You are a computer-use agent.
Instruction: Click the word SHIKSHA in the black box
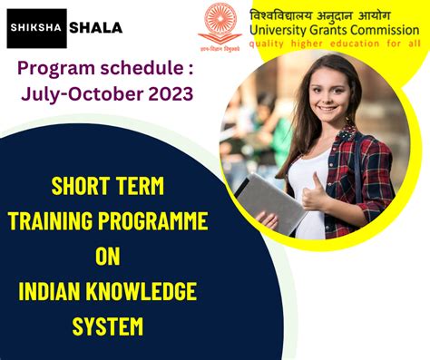36,28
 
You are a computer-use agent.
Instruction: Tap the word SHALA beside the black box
96,28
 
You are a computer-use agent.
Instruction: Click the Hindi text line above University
320,15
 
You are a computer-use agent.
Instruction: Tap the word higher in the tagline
307,44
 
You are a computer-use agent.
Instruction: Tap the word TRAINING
50,220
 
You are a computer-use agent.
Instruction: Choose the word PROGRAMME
152,220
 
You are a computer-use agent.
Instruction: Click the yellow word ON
108,256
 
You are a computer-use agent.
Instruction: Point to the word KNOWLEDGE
142,291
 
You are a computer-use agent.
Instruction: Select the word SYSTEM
108,326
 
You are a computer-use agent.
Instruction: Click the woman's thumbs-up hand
314,193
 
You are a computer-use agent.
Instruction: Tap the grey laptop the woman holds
270,203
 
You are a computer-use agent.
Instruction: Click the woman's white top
310,193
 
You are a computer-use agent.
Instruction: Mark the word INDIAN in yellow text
49,291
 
